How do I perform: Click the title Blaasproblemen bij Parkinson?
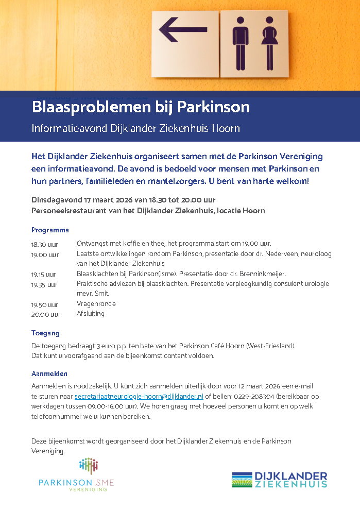(x=141, y=107)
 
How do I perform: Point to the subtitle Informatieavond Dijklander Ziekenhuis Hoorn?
(x=136, y=128)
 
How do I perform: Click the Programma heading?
(x=50, y=230)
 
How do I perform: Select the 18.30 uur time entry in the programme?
(x=45, y=244)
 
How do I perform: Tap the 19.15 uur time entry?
(x=44, y=275)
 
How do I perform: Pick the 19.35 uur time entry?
(x=44, y=284)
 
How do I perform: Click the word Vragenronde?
(x=96, y=304)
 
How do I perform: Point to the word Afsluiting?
(x=91, y=314)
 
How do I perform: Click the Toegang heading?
(x=45, y=333)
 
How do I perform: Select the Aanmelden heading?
(x=49, y=373)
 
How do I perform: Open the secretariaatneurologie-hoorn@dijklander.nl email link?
(x=139, y=397)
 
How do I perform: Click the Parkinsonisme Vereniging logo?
(x=76, y=474)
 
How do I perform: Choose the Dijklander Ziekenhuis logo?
(x=279, y=480)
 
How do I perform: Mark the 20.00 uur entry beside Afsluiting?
(x=46, y=314)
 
